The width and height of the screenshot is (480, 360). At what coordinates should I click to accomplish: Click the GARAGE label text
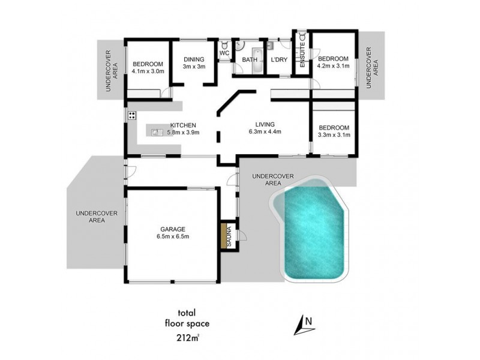click(x=172, y=229)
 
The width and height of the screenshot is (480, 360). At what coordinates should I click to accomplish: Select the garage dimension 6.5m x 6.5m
click(x=172, y=236)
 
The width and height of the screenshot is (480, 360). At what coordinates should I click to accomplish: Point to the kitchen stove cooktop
click(x=130, y=115)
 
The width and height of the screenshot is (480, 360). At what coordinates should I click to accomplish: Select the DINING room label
click(x=194, y=59)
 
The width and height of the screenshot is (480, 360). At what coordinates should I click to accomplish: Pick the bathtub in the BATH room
click(x=257, y=60)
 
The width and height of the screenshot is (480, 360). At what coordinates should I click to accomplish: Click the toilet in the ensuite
click(x=302, y=36)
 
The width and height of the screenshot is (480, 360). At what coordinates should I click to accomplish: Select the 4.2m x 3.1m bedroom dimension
click(x=333, y=66)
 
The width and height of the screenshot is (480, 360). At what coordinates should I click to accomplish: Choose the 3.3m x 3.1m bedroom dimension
click(x=333, y=135)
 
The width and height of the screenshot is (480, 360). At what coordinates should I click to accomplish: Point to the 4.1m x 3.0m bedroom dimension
click(x=146, y=71)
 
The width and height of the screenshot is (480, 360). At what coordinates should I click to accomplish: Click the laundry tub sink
click(x=271, y=44)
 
